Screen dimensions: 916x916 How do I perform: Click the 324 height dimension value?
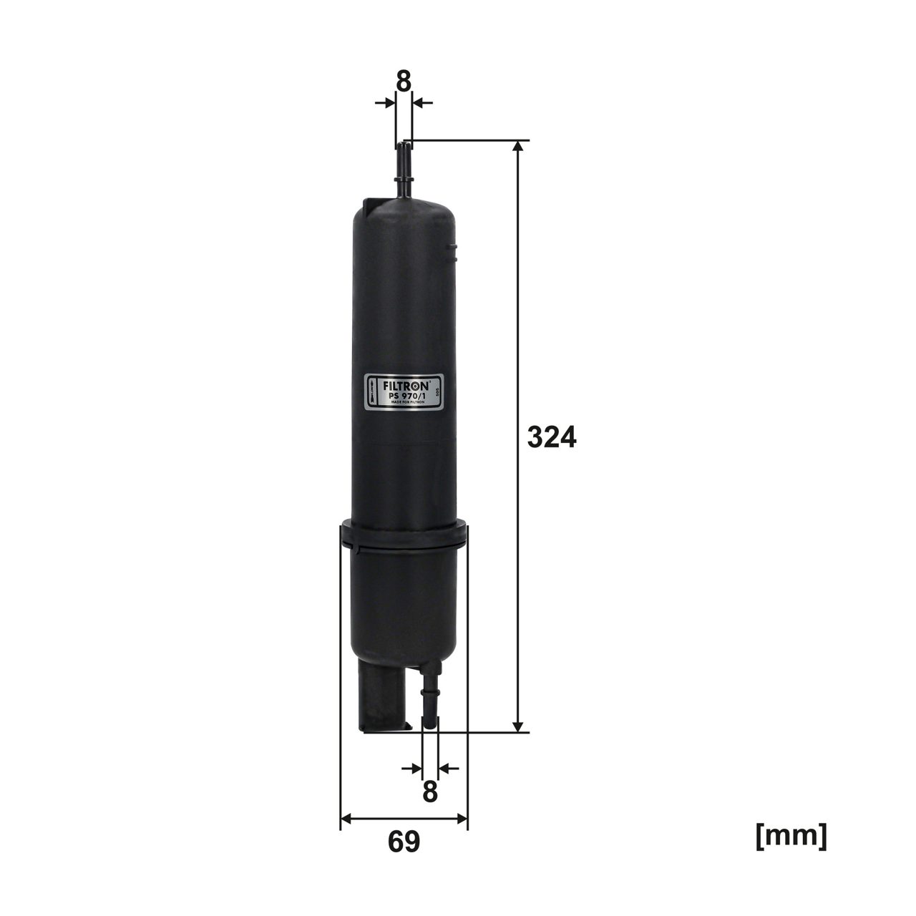point(550,437)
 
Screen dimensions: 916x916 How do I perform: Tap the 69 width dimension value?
point(404,842)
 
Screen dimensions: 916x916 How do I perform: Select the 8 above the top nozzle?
point(404,82)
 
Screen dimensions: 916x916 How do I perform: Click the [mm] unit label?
point(791,836)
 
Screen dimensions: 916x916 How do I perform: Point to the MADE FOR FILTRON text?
point(407,402)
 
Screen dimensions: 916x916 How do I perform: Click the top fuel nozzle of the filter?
point(404,168)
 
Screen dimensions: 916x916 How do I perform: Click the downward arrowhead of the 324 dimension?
point(520,724)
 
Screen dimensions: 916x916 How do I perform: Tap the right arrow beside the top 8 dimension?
point(423,104)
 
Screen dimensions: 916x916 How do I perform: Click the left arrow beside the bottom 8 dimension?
point(411,769)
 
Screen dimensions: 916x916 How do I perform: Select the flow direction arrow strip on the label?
point(371,391)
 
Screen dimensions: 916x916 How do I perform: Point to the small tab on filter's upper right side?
point(451,248)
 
